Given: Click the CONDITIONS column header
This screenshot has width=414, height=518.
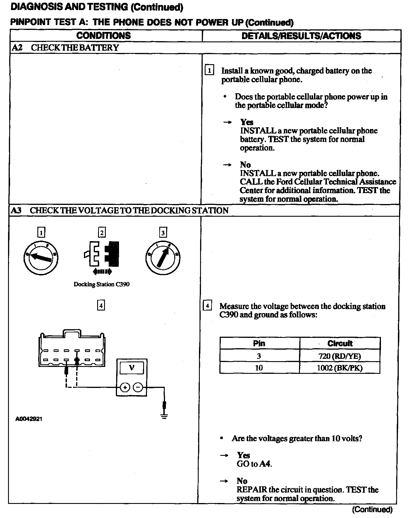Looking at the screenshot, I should tap(103, 36).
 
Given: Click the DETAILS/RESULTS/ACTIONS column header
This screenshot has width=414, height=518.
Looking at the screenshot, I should tap(301, 36).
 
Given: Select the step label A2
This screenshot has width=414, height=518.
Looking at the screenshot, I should tap(17, 47).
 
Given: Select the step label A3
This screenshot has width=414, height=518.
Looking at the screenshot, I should tap(16, 210).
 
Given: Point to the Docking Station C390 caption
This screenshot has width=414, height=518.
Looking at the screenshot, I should tap(101, 284).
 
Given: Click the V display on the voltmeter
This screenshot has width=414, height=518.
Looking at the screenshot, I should tap(132, 367).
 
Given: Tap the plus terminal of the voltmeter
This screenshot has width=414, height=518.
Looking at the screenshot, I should tap(125, 388).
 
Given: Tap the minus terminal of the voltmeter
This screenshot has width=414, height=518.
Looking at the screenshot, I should tap(138, 388).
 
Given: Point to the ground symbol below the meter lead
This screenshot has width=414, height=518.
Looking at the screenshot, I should tap(164, 416).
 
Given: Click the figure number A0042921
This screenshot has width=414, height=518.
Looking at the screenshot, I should tap(29, 419).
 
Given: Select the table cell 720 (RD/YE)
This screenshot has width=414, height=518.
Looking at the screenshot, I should tap(340, 356).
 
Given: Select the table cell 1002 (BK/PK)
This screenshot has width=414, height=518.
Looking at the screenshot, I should tap(340, 368).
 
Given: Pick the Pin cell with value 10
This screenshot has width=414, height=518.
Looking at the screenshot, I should tap(259, 368).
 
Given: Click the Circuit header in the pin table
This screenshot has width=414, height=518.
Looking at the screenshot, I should tap(340, 343).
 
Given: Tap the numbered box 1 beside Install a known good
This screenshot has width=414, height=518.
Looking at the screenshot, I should tap(209, 71).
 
